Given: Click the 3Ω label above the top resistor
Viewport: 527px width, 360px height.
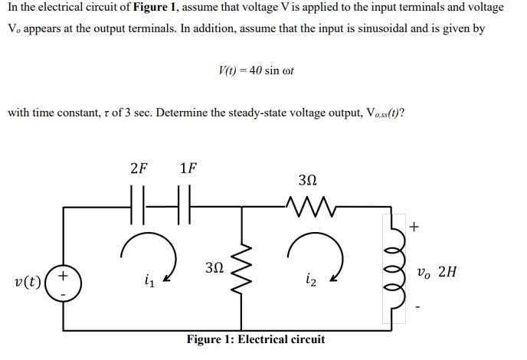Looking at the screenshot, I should click(x=305, y=181).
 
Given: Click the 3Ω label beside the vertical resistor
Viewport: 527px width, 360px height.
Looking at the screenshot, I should click(x=216, y=267).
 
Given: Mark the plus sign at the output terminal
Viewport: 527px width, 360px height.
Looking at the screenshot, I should click(x=414, y=226).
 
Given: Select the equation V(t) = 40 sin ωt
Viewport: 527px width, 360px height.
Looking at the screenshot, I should click(x=256, y=70).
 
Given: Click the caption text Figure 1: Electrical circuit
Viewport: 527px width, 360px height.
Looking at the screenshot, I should click(x=256, y=339).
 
